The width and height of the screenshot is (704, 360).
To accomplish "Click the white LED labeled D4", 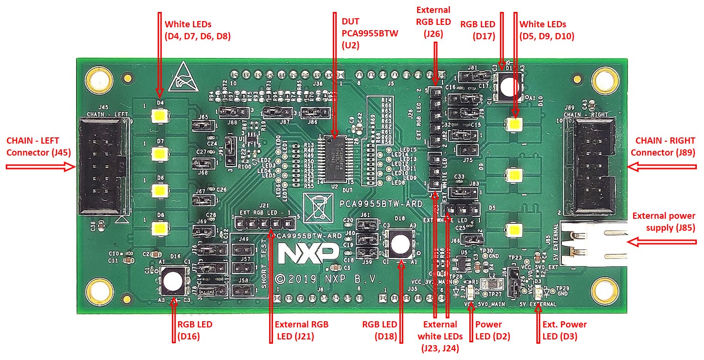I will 158,116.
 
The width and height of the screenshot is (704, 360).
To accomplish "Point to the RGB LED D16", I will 170,281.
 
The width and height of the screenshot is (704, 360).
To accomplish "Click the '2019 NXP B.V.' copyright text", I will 328,279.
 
